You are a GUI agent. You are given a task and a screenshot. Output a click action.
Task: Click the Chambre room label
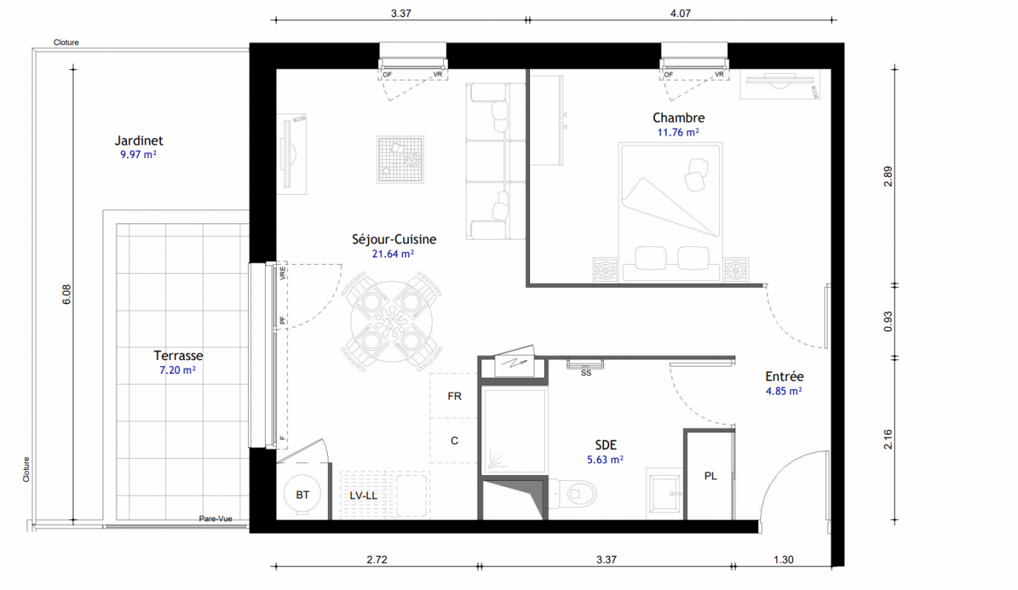[678, 118]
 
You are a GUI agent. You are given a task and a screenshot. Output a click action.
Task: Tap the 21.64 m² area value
[393, 254]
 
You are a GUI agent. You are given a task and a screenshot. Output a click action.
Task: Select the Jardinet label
[139, 140]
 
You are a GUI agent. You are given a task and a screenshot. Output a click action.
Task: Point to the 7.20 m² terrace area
[177, 369]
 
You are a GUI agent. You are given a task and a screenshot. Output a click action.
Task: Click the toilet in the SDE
[573, 493]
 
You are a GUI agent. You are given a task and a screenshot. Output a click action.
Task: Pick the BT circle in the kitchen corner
[302, 494]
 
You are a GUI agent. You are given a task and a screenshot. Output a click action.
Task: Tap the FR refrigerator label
[455, 396]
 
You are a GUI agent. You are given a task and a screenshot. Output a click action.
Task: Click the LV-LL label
[363, 496]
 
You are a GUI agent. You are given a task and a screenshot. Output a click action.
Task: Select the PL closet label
[710, 476]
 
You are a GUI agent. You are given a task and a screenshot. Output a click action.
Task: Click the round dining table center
[391, 321]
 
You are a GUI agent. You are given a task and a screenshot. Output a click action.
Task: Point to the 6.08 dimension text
[66, 294]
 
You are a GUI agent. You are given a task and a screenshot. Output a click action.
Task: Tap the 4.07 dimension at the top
[681, 13]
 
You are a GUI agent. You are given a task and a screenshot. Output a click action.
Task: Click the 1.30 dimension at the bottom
[783, 560]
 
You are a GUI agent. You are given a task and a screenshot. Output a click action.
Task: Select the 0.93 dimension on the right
[888, 322]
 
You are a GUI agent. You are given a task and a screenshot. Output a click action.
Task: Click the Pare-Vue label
[216, 518]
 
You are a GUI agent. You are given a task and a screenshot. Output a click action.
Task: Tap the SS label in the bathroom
[586, 373]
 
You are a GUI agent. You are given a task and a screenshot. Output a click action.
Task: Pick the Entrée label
[785, 376]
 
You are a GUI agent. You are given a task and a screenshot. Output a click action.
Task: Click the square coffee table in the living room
[400, 159]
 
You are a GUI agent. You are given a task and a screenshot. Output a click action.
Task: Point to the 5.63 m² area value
[605, 459]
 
